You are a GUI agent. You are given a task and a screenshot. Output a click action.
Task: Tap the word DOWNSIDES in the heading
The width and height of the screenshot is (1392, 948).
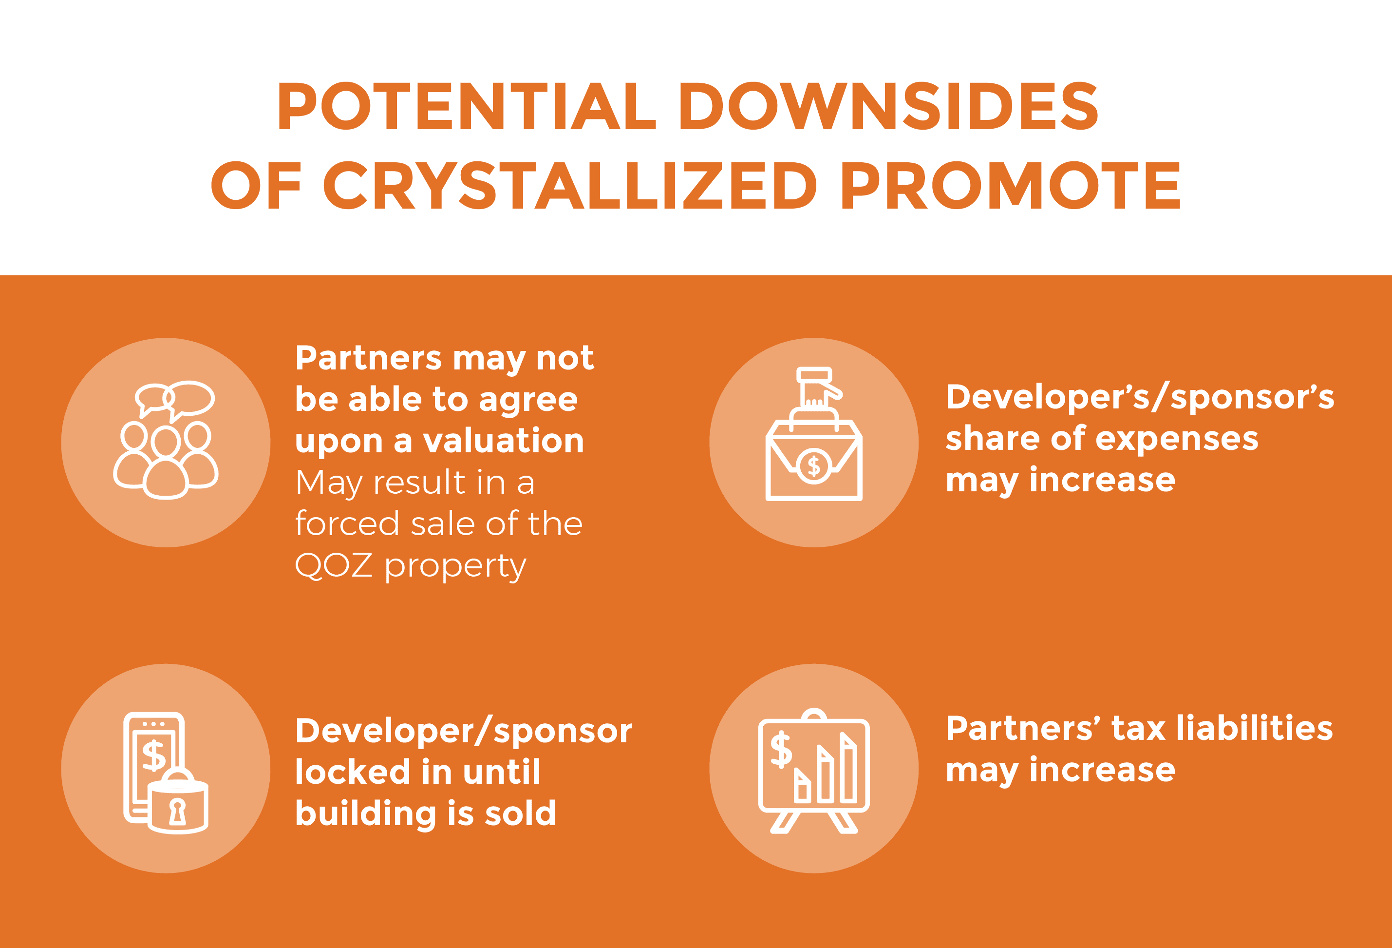[889, 106]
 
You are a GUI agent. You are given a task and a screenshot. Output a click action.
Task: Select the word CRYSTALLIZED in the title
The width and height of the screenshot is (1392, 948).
[570, 185]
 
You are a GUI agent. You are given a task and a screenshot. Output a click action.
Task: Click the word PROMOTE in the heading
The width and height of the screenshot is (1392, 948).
[1011, 185]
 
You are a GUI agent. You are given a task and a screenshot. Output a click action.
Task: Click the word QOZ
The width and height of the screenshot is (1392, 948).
[333, 565]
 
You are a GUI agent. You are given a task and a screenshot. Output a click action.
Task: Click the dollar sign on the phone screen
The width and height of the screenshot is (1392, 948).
[154, 755]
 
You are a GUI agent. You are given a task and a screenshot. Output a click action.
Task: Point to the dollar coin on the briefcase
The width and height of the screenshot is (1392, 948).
[813, 465]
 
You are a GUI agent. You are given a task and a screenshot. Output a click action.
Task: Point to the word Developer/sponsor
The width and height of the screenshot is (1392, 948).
[464, 731]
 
